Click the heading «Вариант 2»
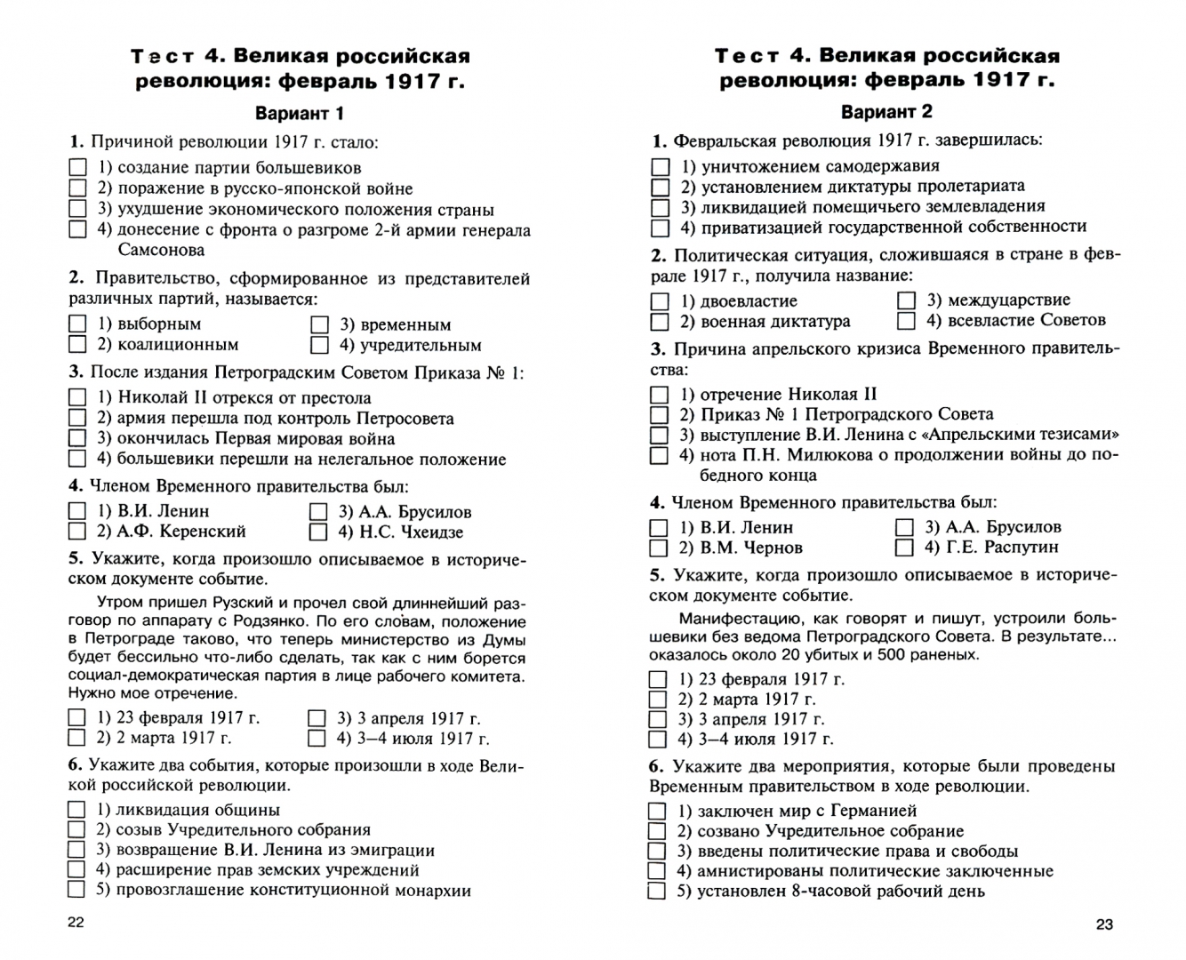[886, 112]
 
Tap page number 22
[76, 922]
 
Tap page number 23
[1104, 924]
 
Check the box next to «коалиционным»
[78, 345]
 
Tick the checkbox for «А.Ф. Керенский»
[77, 532]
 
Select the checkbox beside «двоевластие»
[660, 301]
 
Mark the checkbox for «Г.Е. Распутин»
[905, 548]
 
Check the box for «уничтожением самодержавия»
[661, 166]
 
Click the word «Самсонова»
[161, 251]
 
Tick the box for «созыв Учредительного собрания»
[77, 829]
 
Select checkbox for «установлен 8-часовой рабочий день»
[657, 892]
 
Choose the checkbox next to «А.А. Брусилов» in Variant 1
[318, 512]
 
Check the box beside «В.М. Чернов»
[659, 548]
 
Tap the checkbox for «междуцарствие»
[906, 300]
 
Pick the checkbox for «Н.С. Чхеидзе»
[318, 532]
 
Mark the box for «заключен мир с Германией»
[657, 811]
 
